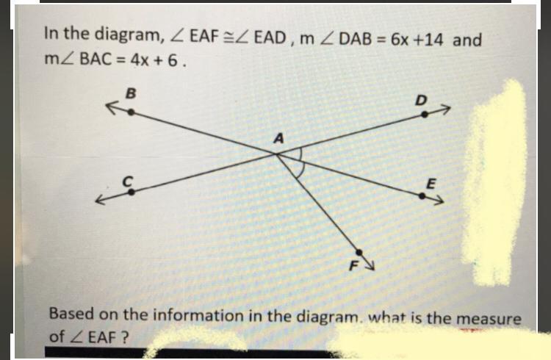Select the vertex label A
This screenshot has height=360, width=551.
point(278,137)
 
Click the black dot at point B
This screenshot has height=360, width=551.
point(131,112)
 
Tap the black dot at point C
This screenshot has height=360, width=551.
point(132,192)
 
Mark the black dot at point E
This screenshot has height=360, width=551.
point(422,195)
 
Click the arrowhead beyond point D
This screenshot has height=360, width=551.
point(442,111)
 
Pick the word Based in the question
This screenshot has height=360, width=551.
point(72,315)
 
